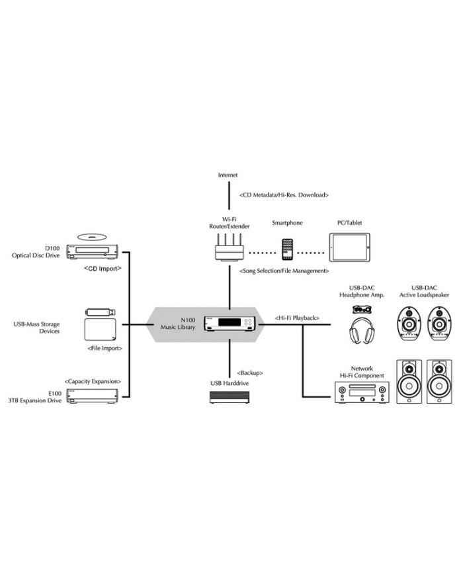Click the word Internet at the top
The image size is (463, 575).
click(x=228, y=175)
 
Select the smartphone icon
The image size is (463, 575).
click(x=287, y=249)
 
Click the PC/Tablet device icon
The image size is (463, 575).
click(x=351, y=247)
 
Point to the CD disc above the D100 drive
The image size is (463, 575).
click(x=93, y=236)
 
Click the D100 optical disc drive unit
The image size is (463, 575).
click(x=93, y=251)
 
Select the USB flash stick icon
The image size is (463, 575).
click(x=101, y=312)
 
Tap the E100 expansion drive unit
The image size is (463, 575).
click(x=93, y=395)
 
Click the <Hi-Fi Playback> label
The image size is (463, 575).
click(x=297, y=318)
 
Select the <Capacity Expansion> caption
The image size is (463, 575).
click(x=93, y=381)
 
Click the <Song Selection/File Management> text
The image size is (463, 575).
click(x=284, y=271)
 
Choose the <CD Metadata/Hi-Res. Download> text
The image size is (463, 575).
click(x=284, y=195)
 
